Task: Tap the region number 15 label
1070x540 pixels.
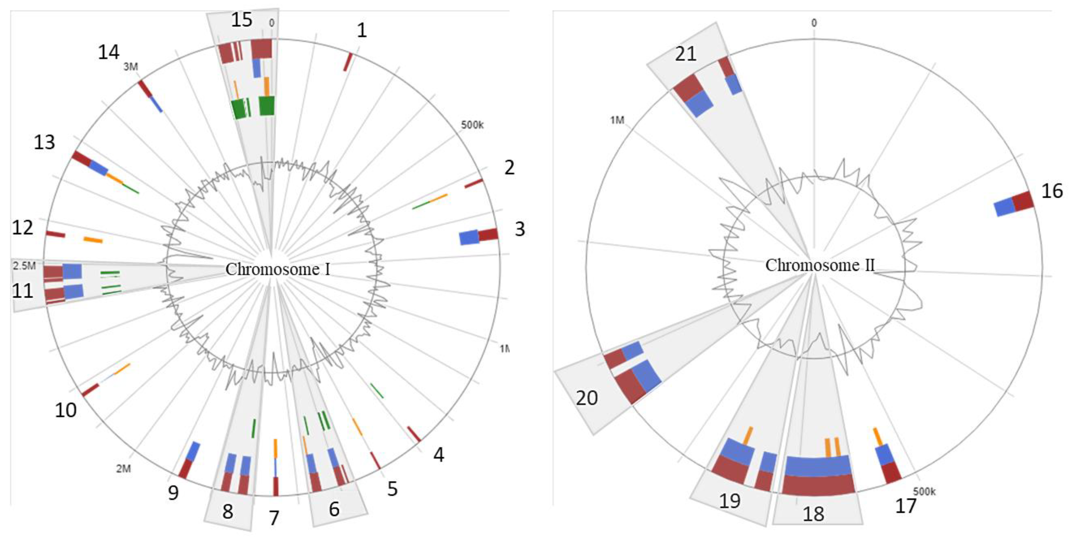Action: (241, 20)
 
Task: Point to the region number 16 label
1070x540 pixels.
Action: (1052, 191)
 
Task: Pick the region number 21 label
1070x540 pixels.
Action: (685, 54)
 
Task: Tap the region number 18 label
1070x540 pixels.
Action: (813, 514)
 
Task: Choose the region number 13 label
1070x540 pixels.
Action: (44, 142)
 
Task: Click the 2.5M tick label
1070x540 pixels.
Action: (24, 266)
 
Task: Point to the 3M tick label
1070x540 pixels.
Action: (131, 67)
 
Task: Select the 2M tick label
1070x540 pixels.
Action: (123, 468)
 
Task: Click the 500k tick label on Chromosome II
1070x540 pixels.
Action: (924, 491)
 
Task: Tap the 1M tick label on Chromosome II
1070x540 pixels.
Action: (617, 120)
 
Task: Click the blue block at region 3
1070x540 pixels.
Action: (469, 238)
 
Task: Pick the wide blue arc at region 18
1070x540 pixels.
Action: (817, 466)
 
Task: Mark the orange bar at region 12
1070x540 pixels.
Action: (93, 240)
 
